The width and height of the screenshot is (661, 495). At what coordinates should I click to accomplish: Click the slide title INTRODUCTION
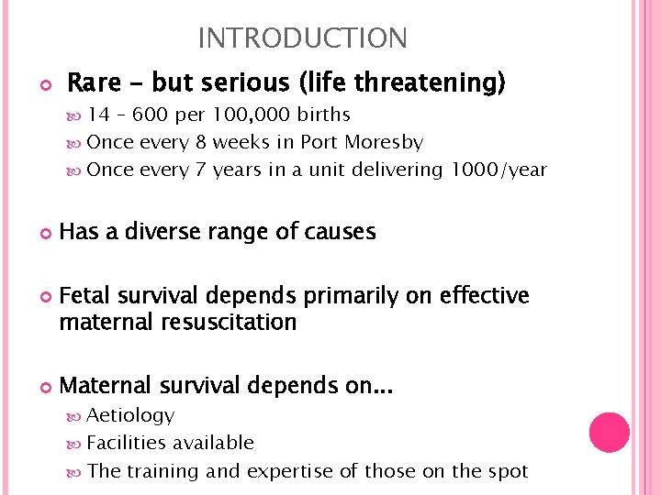pyautogui.click(x=302, y=38)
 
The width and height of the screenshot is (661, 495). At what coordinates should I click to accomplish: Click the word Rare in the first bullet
pyautogui.click(x=94, y=83)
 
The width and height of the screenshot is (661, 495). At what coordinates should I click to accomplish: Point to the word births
pyautogui.click(x=321, y=115)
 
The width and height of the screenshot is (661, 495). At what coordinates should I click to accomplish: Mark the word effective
pyautogui.click(x=484, y=296)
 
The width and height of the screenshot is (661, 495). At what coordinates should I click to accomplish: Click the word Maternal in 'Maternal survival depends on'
pyautogui.click(x=100, y=386)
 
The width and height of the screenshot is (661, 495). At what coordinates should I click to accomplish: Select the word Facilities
pyautogui.click(x=129, y=443)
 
